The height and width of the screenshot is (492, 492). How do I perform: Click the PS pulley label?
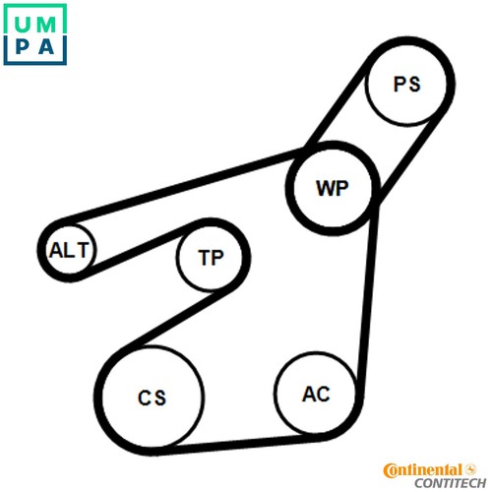406,84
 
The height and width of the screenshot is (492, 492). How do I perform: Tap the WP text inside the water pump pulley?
332,188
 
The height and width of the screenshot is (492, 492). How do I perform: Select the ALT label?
69,250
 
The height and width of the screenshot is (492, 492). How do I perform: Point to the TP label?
211,258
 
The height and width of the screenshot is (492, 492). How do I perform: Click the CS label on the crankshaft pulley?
152,398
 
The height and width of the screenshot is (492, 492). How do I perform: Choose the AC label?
316,394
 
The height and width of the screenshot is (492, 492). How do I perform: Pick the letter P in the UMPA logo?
22,47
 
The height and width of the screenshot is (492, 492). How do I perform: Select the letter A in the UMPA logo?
46,47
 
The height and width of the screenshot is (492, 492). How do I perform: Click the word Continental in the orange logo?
422,470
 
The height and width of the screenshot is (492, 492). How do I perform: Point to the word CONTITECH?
450,483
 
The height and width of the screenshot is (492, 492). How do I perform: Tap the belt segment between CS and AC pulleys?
234,444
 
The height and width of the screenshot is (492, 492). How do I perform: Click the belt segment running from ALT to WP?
184,187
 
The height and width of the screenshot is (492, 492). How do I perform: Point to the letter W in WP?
325,188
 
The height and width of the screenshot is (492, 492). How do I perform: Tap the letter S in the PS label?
414,85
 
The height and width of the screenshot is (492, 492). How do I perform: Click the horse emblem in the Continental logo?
470,469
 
